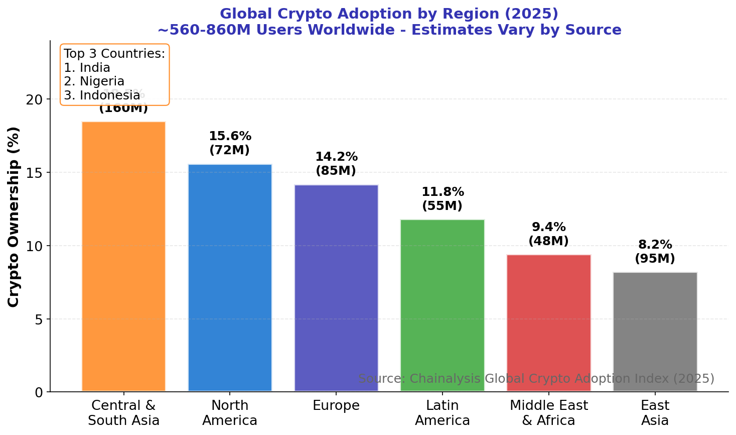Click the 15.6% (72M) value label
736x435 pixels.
230,143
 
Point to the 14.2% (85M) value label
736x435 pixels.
336,164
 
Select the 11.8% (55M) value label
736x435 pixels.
443,199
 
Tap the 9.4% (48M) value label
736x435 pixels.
549,234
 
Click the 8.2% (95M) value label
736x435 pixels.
655,252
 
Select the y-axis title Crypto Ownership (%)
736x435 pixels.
14,216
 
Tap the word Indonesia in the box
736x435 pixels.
109,95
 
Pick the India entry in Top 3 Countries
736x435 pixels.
95,68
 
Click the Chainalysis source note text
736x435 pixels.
536,379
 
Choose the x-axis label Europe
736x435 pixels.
336,406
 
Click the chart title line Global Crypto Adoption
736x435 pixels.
389,14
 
